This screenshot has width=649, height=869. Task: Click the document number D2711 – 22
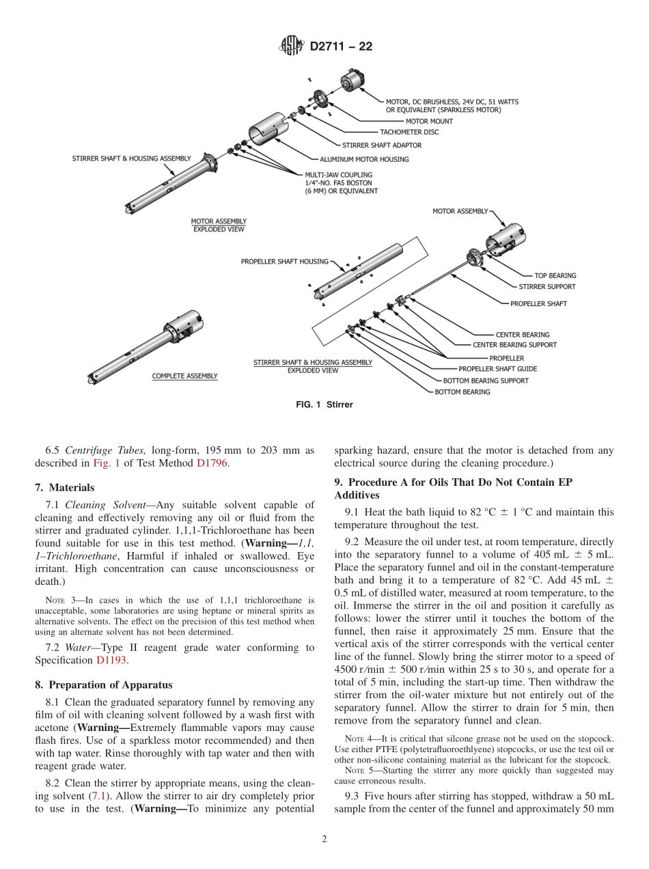[x=341, y=47]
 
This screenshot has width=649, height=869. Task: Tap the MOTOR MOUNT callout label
[x=429, y=122]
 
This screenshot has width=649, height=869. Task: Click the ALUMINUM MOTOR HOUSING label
[x=364, y=159]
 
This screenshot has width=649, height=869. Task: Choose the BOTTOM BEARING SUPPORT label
[x=485, y=381]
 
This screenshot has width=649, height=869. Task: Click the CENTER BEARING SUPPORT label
[x=514, y=345]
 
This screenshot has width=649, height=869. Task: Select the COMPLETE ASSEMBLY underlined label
[x=184, y=376]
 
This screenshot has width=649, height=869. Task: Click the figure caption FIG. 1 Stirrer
[x=324, y=405]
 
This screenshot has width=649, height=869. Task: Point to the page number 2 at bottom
[x=324, y=840]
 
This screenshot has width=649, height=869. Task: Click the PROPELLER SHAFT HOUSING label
[x=284, y=261]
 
